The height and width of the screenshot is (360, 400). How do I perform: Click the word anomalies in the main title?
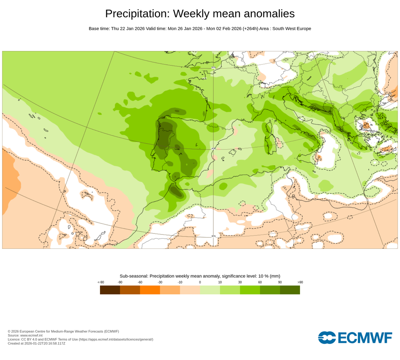click(269, 14)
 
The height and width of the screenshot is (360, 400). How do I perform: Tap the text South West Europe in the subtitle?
click(291, 29)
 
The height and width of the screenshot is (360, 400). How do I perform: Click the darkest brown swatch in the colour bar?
click(110, 290)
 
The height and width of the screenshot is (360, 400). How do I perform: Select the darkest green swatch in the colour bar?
click(290, 290)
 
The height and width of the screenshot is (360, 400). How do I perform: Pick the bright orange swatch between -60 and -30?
click(150, 290)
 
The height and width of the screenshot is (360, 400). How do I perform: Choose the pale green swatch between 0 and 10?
click(210, 290)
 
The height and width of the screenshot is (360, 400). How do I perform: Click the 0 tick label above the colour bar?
click(200, 282)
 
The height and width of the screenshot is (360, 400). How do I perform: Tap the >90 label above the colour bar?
click(300, 282)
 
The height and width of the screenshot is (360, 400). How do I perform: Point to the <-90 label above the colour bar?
click(101, 282)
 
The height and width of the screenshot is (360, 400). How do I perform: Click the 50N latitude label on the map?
click(213, 68)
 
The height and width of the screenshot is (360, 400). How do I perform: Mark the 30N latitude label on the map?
click(213, 236)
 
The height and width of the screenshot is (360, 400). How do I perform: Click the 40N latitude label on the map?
click(213, 148)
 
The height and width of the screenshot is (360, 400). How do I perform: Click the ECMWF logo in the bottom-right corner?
click(355, 338)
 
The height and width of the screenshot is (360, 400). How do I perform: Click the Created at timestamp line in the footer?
click(36, 344)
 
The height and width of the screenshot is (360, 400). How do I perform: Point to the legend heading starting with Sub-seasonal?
click(200, 276)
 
